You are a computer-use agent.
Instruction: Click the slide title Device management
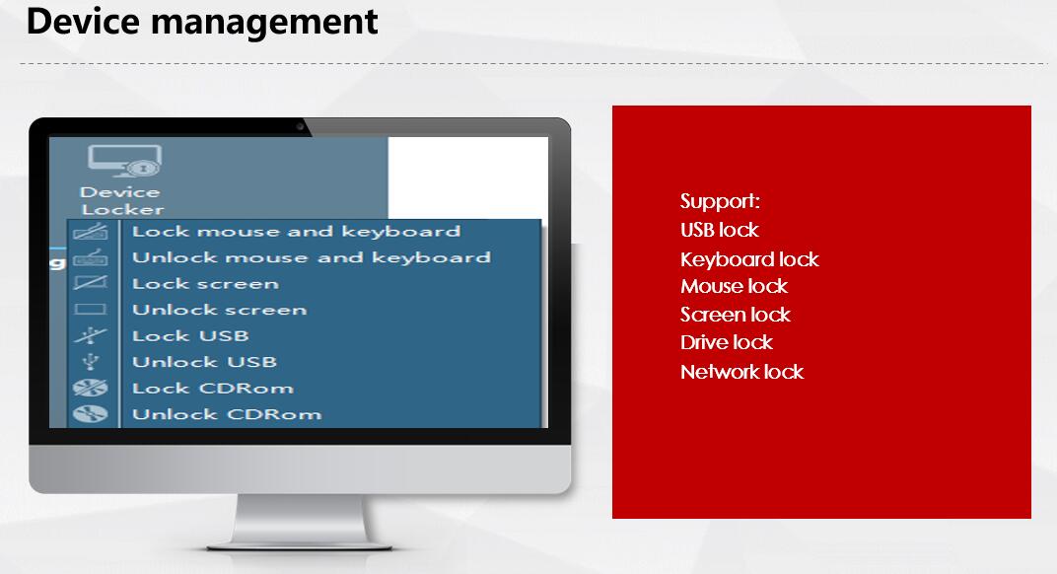[201, 23]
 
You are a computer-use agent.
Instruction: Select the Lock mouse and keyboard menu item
[296, 232]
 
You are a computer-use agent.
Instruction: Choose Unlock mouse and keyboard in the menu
[312, 257]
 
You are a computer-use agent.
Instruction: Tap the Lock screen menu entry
[206, 284]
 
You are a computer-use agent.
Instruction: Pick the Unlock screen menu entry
[220, 311]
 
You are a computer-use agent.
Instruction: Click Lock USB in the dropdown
[190, 336]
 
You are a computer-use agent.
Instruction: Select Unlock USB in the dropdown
[205, 362]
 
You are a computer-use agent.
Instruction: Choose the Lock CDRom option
[213, 389]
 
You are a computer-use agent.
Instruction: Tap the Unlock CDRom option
[227, 414]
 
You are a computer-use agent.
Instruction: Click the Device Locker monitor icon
[124, 161]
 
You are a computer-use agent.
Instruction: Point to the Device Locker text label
[122, 201]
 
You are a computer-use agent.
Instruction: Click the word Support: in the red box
[720, 201]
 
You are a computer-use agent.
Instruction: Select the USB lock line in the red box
[719, 230]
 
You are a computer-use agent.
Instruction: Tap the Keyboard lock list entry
[749, 259]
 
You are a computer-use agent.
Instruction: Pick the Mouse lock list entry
[735, 286]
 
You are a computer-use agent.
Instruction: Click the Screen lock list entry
[736, 315]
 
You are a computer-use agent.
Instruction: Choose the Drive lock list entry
[727, 342]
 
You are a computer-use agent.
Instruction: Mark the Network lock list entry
[742, 372]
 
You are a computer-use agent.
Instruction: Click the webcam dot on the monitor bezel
[300, 126]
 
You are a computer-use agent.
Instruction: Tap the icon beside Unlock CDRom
[91, 414]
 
